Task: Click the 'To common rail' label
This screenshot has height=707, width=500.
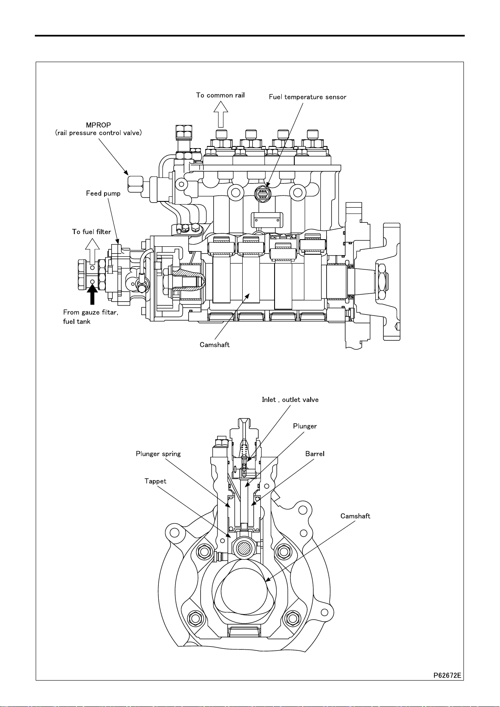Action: [220, 95]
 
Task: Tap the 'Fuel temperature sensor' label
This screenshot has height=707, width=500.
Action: [307, 97]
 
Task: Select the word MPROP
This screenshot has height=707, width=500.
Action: [98, 125]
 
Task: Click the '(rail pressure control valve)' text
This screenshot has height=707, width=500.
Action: [99, 133]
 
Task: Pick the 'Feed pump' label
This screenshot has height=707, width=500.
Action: [103, 193]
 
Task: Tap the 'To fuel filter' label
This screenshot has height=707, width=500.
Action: [91, 232]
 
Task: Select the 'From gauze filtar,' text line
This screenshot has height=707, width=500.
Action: [91, 312]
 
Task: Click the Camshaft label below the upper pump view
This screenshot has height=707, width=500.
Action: [215, 344]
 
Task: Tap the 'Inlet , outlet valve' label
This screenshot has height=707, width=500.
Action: [290, 399]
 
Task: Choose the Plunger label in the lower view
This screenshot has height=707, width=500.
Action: [305, 426]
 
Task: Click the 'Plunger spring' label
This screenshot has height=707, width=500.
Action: [158, 454]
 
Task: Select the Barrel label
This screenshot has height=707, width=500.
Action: [314, 454]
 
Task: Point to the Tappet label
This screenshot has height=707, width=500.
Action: [155, 481]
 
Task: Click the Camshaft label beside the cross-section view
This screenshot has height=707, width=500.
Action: [355, 516]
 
